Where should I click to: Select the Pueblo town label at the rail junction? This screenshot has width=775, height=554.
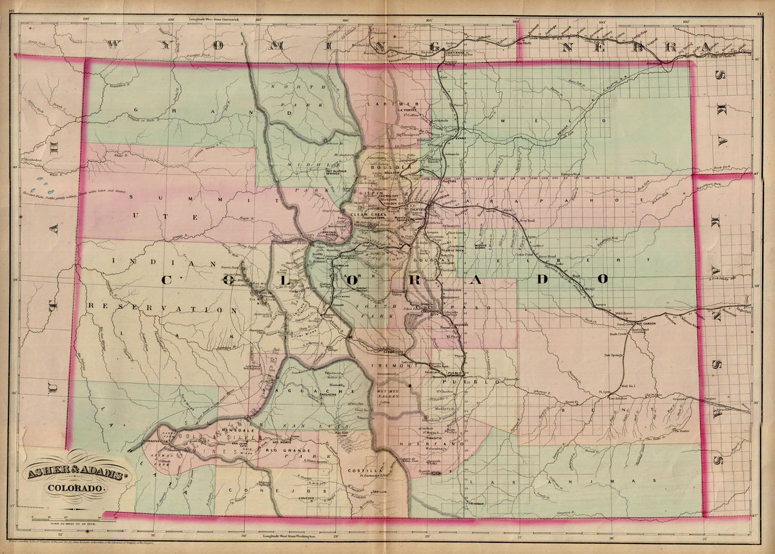coord(451,374)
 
